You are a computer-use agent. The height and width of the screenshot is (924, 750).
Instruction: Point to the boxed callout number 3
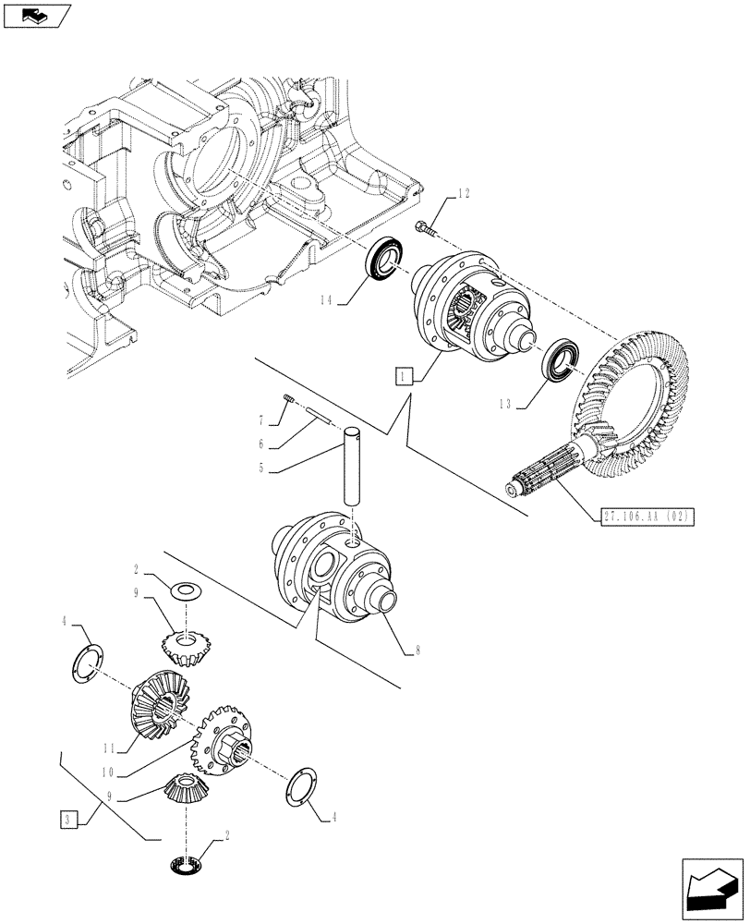tap(67, 819)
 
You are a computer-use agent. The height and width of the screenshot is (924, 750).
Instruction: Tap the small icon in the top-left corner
tap(37, 14)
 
